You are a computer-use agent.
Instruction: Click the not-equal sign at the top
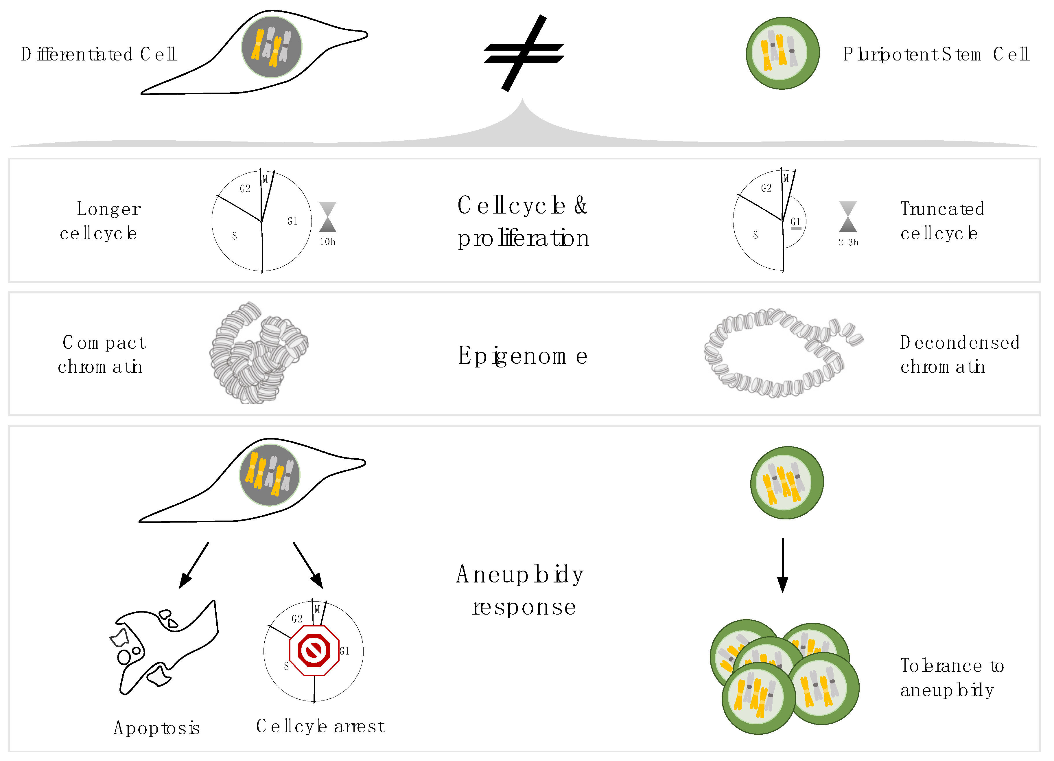[x=524, y=53]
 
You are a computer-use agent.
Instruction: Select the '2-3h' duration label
[x=848, y=242]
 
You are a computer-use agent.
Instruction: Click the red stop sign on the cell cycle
[x=314, y=650]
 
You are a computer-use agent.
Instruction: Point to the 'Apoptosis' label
[x=156, y=727]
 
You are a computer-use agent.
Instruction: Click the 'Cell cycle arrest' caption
[x=321, y=726]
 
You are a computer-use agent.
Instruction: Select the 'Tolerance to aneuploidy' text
[x=952, y=678]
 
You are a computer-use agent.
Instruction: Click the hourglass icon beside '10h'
[x=328, y=217]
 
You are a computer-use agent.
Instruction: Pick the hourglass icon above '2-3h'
[x=848, y=217]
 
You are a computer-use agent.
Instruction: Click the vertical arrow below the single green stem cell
[x=783, y=565]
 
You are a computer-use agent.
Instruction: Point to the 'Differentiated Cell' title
[x=99, y=54]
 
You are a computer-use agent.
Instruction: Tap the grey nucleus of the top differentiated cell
[x=272, y=47]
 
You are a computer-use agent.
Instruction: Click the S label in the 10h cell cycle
[x=235, y=236]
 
